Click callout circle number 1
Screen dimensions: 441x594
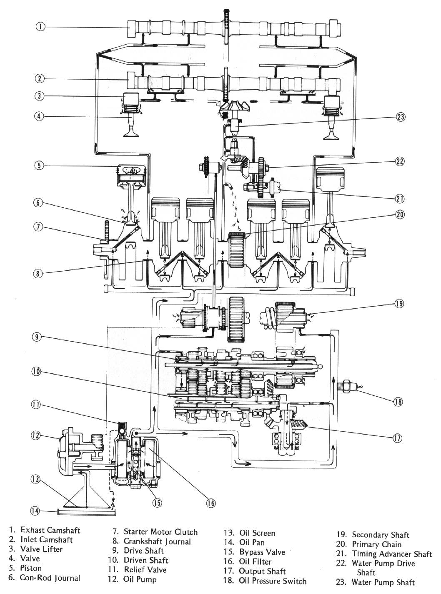[40, 26]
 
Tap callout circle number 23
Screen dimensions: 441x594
[400, 117]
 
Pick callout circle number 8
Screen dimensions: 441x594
[38, 274]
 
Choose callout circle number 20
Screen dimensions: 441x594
[400, 214]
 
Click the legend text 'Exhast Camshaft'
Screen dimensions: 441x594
[50, 530]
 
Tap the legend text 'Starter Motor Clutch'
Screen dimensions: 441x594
[160, 531]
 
